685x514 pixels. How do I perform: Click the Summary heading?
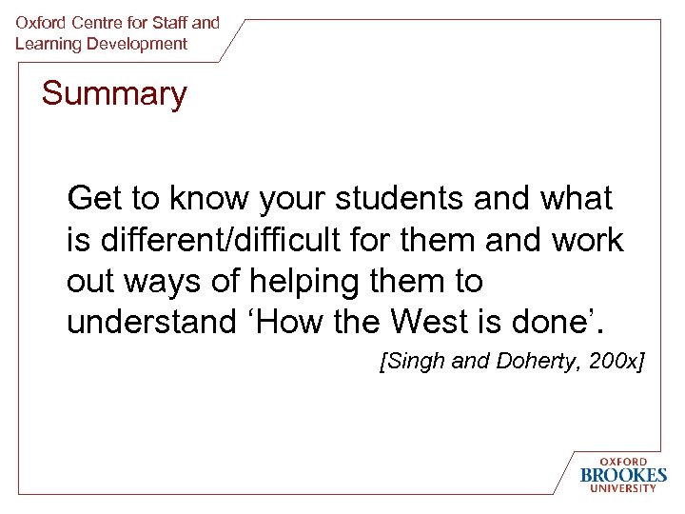(114, 95)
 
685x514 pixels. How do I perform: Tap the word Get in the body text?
(95, 199)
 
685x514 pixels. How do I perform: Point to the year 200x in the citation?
(613, 363)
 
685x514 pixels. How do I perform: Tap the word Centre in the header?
(93, 22)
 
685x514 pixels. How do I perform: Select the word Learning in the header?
(46, 44)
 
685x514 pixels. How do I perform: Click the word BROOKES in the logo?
(623, 475)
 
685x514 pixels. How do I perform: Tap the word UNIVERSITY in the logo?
(623, 489)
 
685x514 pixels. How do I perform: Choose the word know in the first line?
(203, 199)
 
